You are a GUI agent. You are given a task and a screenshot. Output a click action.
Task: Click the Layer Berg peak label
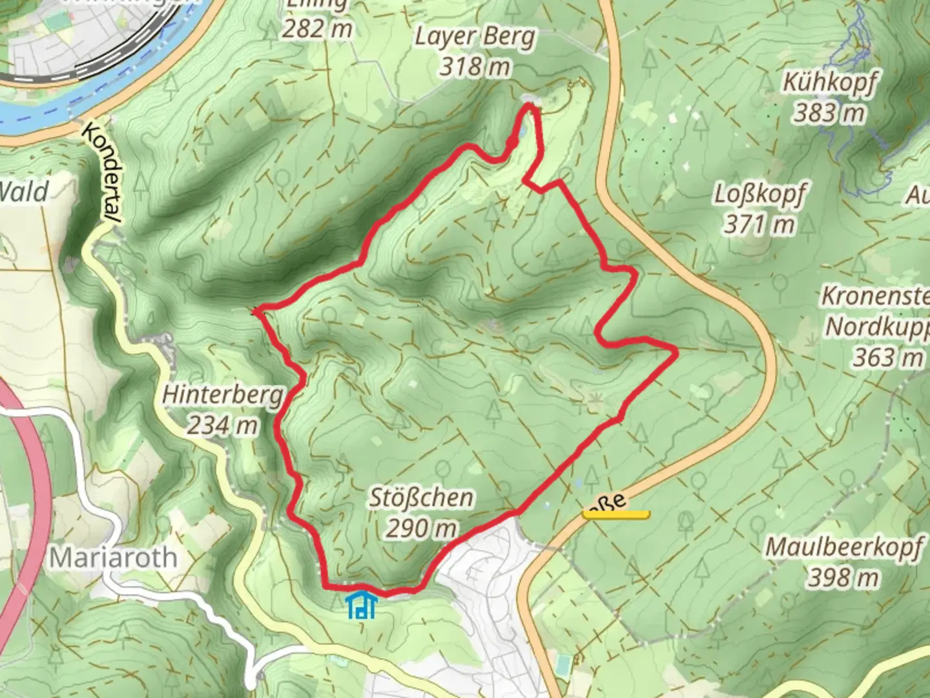[x=475, y=37]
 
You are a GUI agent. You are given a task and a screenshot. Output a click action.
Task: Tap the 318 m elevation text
[x=475, y=66]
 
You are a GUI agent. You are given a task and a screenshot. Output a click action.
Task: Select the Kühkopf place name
[x=830, y=83]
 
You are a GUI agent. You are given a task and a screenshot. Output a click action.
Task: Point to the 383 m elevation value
[x=829, y=113]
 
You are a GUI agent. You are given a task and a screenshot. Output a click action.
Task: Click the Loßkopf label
[x=760, y=194]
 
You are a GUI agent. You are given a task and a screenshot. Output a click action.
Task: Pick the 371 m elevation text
[x=759, y=224]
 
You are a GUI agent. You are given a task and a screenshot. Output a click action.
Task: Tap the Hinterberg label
[x=223, y=394]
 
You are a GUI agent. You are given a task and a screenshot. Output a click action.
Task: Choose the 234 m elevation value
[x=223, y=425]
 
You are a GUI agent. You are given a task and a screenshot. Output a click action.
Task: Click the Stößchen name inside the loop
[x=421, y=498]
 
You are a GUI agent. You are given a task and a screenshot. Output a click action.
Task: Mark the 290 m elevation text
[x=421, y=528]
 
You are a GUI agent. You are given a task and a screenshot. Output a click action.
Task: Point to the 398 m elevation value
[x=843, y=577]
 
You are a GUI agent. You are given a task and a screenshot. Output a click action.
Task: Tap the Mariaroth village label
[x=113, y=557]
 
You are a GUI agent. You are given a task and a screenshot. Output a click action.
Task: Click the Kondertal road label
[x=102, y=174]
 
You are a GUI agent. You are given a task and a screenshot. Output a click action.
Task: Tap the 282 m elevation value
[x=317, y=28]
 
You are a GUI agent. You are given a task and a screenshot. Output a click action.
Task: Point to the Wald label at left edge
[x=24, y=192]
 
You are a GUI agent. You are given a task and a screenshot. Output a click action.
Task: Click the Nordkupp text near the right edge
[x=877, y=327]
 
